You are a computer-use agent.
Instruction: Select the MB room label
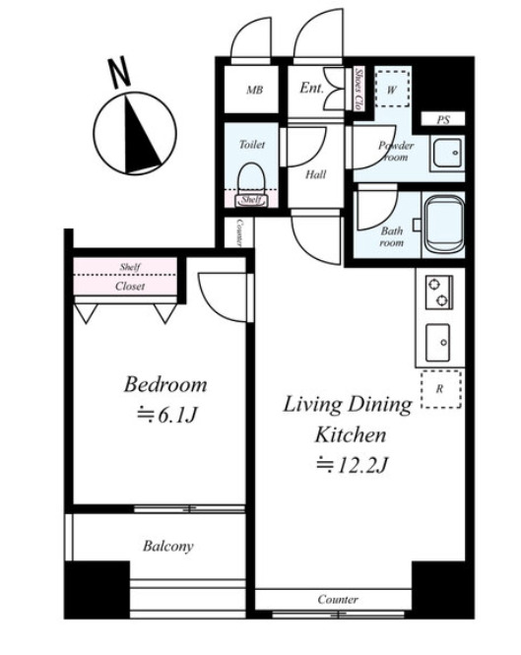[x=254, y=90]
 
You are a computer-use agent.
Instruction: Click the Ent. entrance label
[x=311, y=88]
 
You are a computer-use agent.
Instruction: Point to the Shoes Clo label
[x=358, y=89]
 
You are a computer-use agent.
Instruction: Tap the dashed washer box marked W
[x=391, y=89]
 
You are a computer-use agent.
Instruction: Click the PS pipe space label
[x=443, y=120]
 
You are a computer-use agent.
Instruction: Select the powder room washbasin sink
[x=447, y=154]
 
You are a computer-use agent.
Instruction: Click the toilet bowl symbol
[x=251, y=181]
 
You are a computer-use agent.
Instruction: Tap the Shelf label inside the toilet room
[x=251, y=200]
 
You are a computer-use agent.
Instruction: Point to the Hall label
[x=315, y=174]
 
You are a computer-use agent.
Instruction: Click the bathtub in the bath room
[x=444, y=224]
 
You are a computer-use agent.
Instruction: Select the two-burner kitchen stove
[x=438, y=292]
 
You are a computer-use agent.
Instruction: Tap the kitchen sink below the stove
[x=438, y=343]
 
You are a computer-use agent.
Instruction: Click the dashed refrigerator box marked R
[x=441, y=389]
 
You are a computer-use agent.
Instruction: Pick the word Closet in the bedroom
[x=130, y=287]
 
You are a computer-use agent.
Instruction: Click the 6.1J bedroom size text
[x=166, y=416]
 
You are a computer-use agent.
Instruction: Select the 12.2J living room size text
[x=353, y=465]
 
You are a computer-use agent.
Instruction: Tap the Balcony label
[x=168, y=547]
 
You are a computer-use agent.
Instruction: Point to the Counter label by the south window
[x=338, y=600]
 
